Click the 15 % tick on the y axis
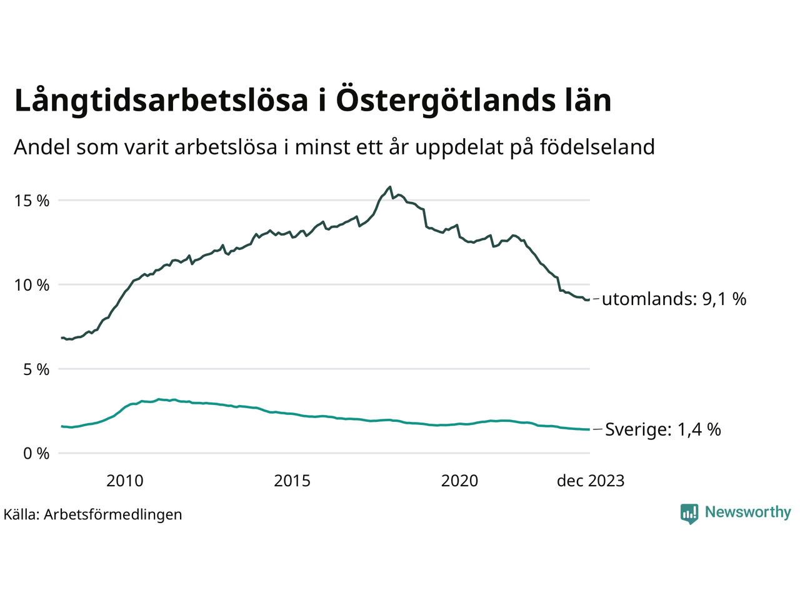pyautogui.click(x=32, y=201)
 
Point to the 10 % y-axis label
pyautogui.click(x=32, y=286)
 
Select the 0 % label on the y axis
pyautogui.click(x=36, y=454)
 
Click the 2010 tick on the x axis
pyautogui.click(x=125, y=481)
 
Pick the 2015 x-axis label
pyautogui.click(x=292, y=481)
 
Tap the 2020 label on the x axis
pyautogui.click(x=459, y=481)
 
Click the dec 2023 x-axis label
pyautogui.click(x=590, y=481)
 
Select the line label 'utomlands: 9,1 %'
pyautogui.click(x=674, y=299)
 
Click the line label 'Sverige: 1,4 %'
pyautogui.click(x=662, y=429)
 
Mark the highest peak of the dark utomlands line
pyautogui.click(x=390, y=186)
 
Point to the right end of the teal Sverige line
pyautogui.click(x=589, y=429)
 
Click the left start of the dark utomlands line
pyautogui.click(x=61, y=337)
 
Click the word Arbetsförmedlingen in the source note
pyautogui.click(x=112, y=515)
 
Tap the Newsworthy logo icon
pyautogui.click(x=689, y=514)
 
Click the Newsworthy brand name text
pyautogui.click(x=747, y=512)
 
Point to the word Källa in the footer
pyautogui.click(x=21, y=515)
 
